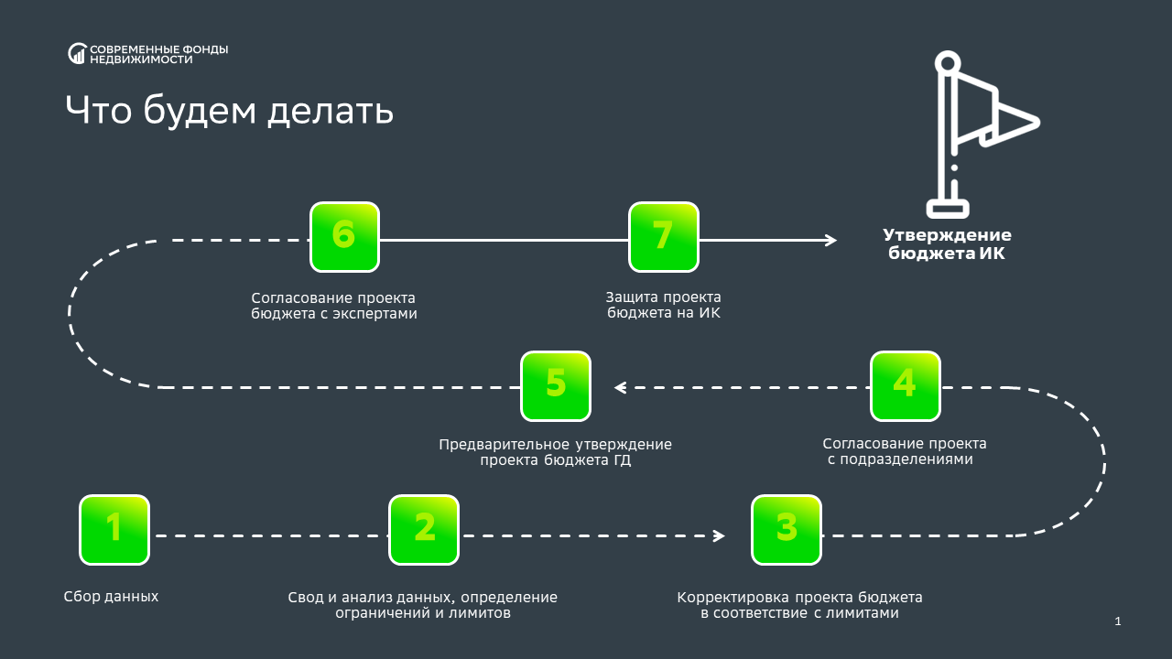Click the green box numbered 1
pyautogui.click(x=114, y=529)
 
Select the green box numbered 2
pyautogui.click(x=424, y=529)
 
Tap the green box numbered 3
pyautogui.click(x=787, y=529)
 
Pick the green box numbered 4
pyautogui.click(x=905, y=385)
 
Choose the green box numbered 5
pyautogui.click(x=556, y=385)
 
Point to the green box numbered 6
pyautogui.click(x=344, y=237)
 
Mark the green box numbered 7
pyautogui.click(x=663, y=237)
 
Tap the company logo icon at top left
pyautogui.click(x=77, y=54)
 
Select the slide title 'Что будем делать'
pyautogui.click(x=229, y=111)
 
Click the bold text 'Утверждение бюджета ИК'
pyautogui.click(x=947, y=243)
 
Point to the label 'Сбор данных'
pyautogui.click(x=111, y=597)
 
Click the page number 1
pyautogui.click(x=1118, y=622)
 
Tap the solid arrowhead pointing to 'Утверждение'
pyautogui.click(x=830, y=240)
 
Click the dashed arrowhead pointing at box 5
pyautogui.click(x=620, y=387)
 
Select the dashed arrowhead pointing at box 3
pyautogui.click(x=720, y=535)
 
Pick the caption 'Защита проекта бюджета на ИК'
pyautogui.click(x=663, y=306)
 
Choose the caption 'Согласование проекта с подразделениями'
pyautogui.click(x=905, y=451)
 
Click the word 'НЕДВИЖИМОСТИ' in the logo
pyautogui.click(x=141, y=59)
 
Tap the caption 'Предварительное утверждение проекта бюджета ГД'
pyautogui.click(x=555, y=452)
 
